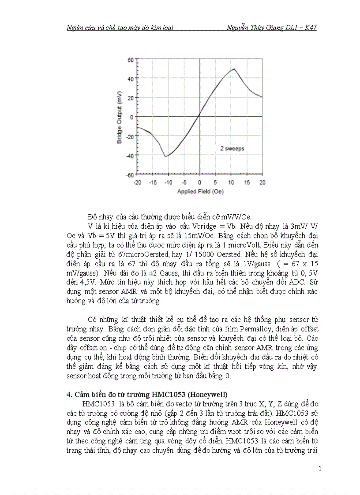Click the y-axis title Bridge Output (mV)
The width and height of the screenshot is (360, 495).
click(119, 117)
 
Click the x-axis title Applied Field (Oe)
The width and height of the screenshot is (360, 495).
click(200, 191)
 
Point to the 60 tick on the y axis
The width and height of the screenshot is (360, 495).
click(130, 59)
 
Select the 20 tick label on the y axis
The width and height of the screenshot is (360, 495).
click(130, 97)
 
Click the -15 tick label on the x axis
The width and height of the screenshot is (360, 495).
click(153, 182)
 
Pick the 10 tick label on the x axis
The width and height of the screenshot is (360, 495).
click(231, 182)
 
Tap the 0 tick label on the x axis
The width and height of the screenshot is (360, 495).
click(199, 182)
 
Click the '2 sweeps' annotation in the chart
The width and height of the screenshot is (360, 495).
click(232, 149)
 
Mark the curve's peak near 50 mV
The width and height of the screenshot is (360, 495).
click(234, 69)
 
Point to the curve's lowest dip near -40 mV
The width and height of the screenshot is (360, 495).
click(165, 156)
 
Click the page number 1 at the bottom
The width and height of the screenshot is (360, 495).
click(319, 469)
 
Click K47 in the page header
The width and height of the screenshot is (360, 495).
click(309, 28)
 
